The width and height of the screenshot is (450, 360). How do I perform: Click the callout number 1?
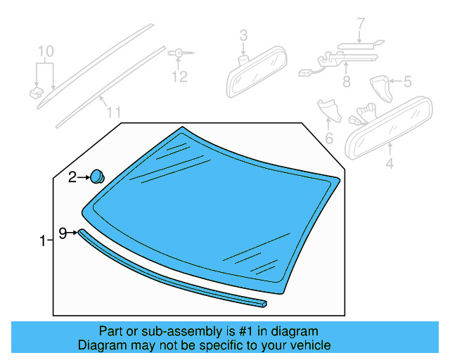pyautogui.click(x=42, y=241)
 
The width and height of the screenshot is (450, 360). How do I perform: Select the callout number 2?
pyautogui.click(x=72, y=179)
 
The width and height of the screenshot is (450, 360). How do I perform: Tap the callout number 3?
pyautogui.click(x=243, y=34)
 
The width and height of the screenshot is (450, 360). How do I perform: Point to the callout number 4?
pyautogui.click(x=390, y=166)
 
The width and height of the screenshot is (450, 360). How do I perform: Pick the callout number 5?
pyautogui.click(x=407, y=82)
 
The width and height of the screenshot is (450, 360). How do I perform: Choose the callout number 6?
pyautogui.click(x=328, y=138)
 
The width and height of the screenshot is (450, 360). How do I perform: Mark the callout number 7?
pyautogui.click(x=361, y=25)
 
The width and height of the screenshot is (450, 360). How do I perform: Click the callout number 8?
pyautogui.click(x=346, y=82)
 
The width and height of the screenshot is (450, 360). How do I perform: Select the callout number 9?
pyautogui.click(x=63, y=232)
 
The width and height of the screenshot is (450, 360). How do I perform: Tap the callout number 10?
pyautogui.click(x=45, y=51)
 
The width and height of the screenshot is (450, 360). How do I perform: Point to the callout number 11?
pyautogui.click(x=113, y=112)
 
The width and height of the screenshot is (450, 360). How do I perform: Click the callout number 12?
pyautogui.click(x=180, y=76)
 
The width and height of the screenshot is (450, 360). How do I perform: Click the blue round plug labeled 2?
pyautogui.click(x=97, y=176)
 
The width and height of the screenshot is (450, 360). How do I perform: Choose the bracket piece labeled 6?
pyautogui.click(x=328, y=110)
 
